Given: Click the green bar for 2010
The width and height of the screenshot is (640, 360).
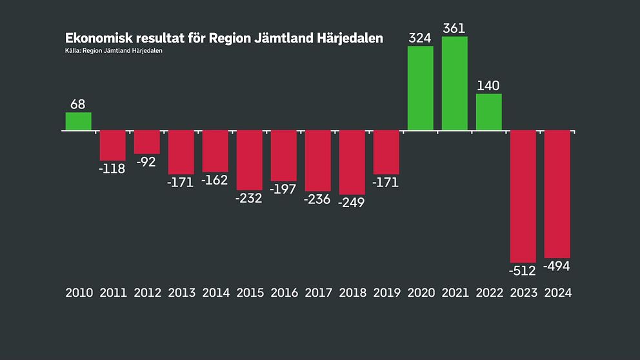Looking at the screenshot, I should coord(79,121).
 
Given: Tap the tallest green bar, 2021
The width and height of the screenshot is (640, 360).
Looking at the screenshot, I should coord(455,83).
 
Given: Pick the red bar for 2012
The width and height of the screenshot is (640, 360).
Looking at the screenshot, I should coord(147,142).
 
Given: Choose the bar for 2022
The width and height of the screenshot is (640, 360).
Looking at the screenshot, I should coord(489,112).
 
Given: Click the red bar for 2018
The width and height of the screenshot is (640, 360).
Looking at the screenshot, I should coord(352,162).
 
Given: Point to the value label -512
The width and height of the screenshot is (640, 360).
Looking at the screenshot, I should coord(523,270).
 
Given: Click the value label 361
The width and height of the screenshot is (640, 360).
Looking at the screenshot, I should coord(455,28).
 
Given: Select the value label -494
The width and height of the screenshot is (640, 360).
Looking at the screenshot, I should coord(557,266).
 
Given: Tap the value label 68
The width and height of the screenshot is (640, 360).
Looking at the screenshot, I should coord(78,105).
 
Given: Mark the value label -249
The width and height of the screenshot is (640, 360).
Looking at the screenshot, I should coord(352,202).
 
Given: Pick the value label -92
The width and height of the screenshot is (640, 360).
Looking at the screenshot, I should coord(147,162).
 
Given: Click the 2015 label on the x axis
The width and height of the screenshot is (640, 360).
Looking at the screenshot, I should coord(250,292).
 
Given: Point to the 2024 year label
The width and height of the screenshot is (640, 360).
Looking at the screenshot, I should coord(557,292).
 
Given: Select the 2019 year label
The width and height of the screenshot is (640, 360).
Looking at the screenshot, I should coord(386,292).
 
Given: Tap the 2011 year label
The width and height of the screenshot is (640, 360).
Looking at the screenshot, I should coord(113,292).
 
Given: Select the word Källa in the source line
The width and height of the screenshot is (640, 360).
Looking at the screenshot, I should coord(73,51).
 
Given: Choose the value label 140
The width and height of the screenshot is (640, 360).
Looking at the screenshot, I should coord(489,86).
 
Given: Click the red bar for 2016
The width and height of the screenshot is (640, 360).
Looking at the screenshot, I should coord(284,155).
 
